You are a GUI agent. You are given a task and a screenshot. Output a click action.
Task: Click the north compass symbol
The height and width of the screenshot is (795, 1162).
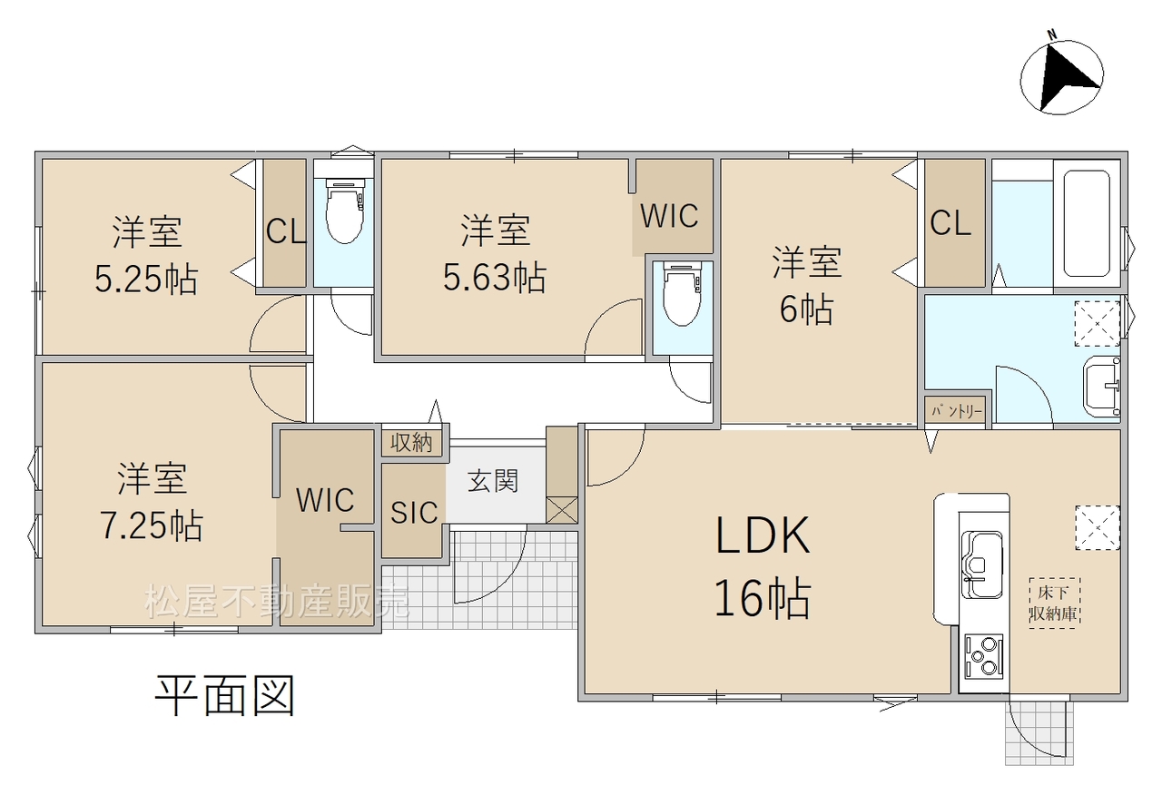coord(1061,77)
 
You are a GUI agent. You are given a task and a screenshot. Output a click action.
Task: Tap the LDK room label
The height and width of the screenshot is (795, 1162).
coord(763,535)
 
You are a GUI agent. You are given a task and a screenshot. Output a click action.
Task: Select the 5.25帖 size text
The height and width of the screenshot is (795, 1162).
coord(146,280)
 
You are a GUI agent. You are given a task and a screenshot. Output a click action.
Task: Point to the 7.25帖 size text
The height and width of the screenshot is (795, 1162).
coord(151,525)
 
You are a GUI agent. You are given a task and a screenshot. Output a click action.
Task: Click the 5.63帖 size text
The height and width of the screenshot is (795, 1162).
coord(495,278)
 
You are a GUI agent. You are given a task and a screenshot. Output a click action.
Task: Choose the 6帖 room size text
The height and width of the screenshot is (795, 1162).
coord(807,309)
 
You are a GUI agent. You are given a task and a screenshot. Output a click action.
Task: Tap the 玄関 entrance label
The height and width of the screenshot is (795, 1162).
coord(493,481)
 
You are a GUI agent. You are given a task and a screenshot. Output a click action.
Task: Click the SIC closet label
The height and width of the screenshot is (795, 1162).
coord(414,513)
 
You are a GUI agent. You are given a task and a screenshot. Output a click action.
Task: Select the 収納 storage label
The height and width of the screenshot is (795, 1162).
coord(411,442)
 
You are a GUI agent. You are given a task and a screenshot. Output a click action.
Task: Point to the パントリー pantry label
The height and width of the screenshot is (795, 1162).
coord(957,412)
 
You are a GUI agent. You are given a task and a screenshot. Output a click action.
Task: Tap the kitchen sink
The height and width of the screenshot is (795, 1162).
coord(981,564)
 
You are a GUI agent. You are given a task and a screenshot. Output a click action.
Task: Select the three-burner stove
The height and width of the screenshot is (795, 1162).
coord(983,656)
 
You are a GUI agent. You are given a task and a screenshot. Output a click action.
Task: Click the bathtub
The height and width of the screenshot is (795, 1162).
coord(1087,223)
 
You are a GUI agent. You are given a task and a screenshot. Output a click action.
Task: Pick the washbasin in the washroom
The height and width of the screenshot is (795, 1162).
coord(1101,387)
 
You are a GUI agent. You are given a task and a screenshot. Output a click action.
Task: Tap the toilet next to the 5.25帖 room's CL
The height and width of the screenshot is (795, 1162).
coord(344,211)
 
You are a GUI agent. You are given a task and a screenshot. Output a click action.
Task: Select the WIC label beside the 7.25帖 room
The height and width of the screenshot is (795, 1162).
coord(325,500)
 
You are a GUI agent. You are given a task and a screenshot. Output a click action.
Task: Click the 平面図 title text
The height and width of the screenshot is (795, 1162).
coord(225,696)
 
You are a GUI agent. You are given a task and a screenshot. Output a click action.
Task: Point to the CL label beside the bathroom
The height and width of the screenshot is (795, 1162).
coord(950,224)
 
